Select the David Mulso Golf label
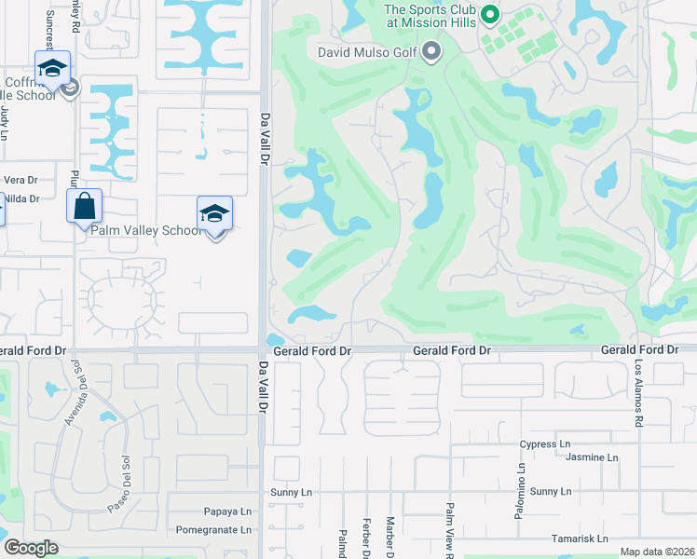coord(367,52)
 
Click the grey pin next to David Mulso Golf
coord(430,52)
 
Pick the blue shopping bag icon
coord(84,205)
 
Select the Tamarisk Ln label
coord(578,539)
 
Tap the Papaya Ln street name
coord(227,511)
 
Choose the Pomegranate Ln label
coord(214,529)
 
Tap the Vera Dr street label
coord(20,180)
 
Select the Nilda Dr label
coord(20,198)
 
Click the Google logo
coord(31,548)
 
